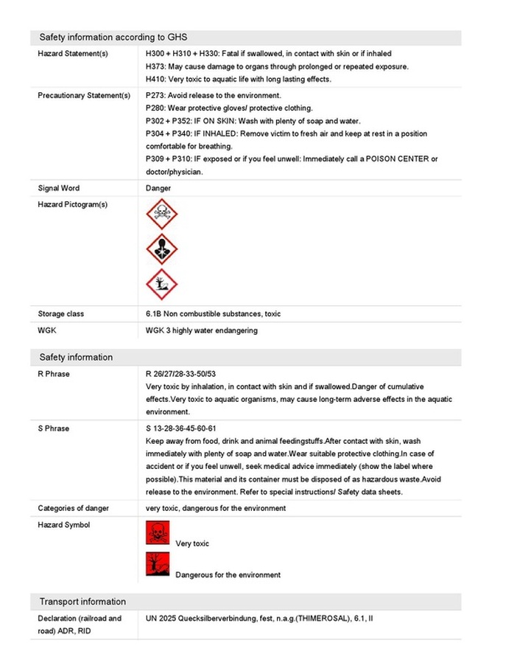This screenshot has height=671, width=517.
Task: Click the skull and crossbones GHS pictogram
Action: click(161, 214)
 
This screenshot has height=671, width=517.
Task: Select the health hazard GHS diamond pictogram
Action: click(161, 249)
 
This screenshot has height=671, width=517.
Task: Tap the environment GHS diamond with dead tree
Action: click(161, 284)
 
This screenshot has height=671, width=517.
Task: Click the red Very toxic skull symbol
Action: click(158, 532)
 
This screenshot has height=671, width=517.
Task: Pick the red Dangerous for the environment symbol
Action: click(158, 564)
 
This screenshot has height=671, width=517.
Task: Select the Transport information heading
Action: click(82, 602)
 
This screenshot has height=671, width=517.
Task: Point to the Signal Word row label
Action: click(59, 189)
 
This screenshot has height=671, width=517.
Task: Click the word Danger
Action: click(158, 189)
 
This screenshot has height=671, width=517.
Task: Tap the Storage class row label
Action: click(61, 314)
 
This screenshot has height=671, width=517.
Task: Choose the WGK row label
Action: click(47, 330)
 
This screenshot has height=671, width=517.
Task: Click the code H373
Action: click(155, 66)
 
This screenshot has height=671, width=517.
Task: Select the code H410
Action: click(155, 80)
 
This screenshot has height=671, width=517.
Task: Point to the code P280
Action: click(155, 108)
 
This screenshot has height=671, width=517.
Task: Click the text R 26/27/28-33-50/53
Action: click(180, 375)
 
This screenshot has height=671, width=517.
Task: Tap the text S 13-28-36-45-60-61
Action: click(181, 428)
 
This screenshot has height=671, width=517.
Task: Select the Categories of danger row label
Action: click(74, 509)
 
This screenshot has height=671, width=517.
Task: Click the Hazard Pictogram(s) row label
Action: click(72, 205)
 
